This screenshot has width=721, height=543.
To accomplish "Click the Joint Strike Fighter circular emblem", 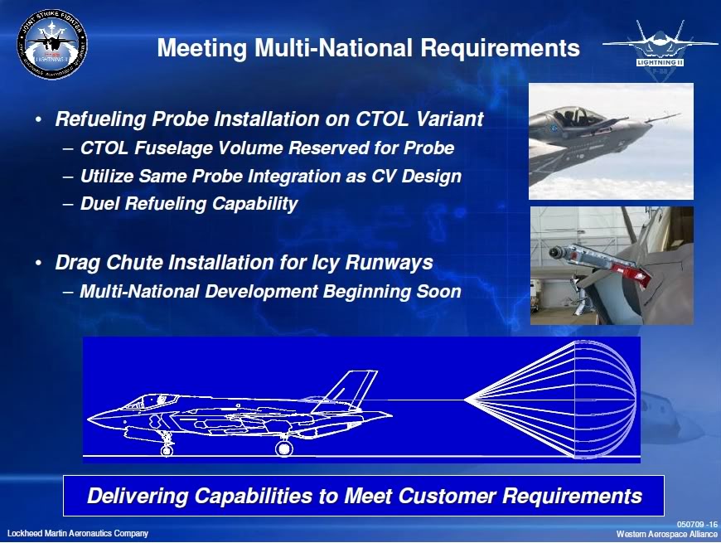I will pos(51,45).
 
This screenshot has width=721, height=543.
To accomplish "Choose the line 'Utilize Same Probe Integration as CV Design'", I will pos(270,176).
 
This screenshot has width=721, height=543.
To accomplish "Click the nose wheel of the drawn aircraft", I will pos(167,450).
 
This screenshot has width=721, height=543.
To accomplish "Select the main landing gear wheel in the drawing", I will pos(284,448).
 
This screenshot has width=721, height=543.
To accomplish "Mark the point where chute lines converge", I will pos(466,400).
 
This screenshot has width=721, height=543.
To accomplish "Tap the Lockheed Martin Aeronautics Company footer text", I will pos(78,533).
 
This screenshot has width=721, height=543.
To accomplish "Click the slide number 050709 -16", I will pos(697,525).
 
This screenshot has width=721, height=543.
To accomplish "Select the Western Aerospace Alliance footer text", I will pos(667,534).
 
